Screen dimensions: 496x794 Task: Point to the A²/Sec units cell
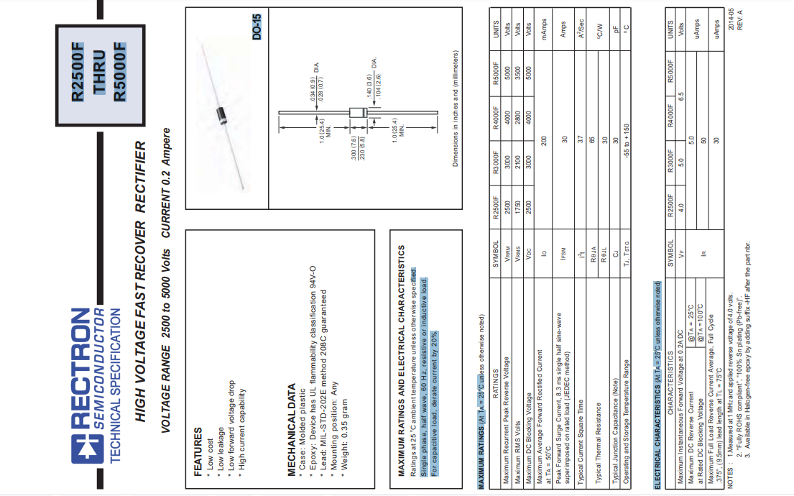pyautogui.click(x=581, y=29)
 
